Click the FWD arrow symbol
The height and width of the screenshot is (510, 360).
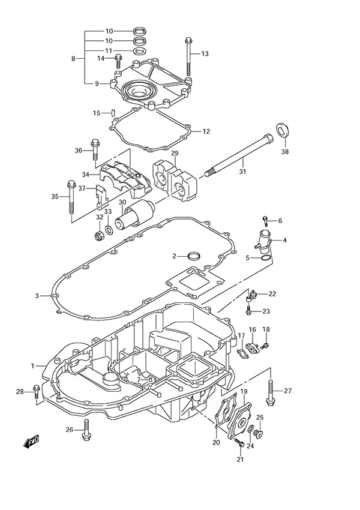(x=31, y=443)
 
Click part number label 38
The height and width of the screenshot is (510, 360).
(x=284, y=152)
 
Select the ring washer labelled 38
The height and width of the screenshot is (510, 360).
(x=282, y=131)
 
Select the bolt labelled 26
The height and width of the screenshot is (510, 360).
(x=88, y=428)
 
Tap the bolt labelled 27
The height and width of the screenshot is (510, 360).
(x=271, y=391)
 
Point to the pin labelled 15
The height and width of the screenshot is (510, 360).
(x=112, y=113)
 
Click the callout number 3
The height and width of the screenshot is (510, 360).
(x=37, y=295)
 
